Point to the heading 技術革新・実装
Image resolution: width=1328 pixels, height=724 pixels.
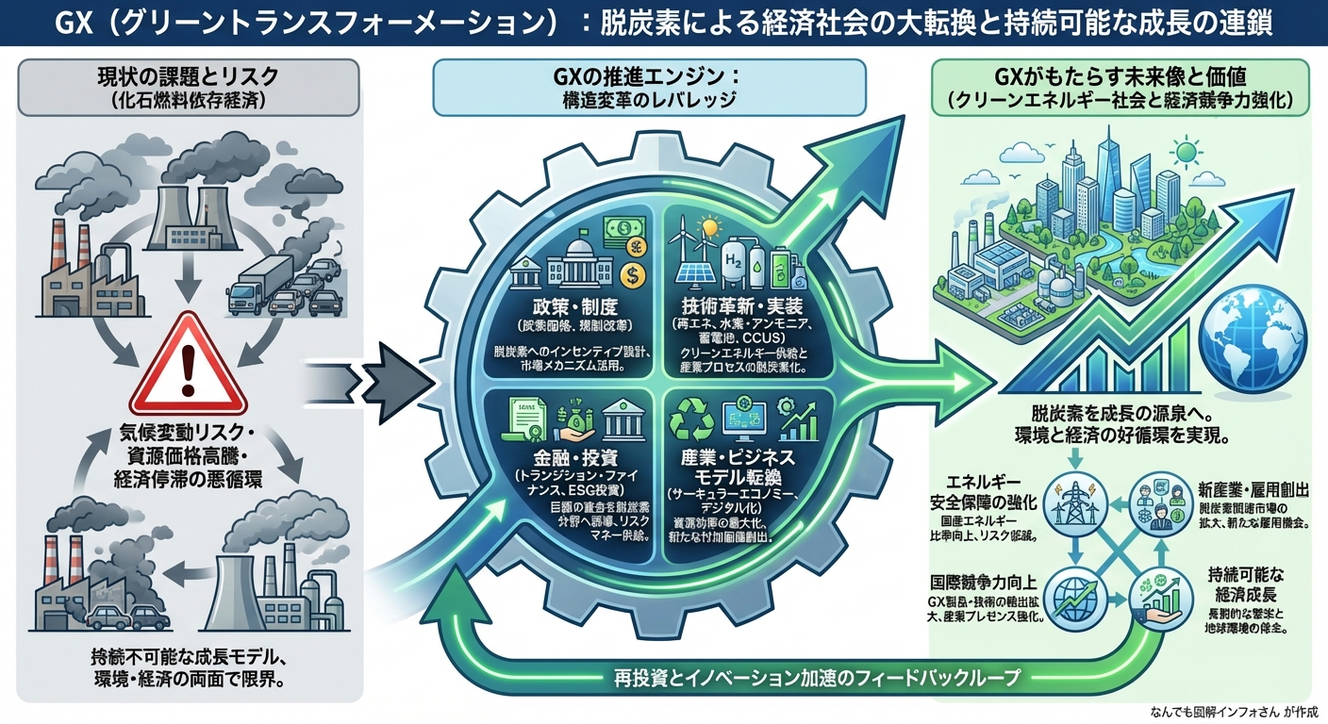pyautogui.click(x=742, y=304)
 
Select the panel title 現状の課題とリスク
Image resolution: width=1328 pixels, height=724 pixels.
pyautogui.click(x=191, y=76)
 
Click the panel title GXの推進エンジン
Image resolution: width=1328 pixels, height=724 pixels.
pyautogui.click(x=648, y=76)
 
